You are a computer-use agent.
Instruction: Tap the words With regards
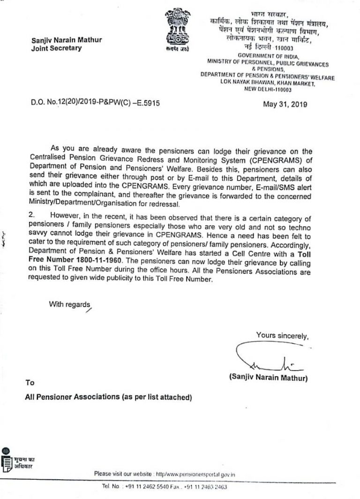[69, 304]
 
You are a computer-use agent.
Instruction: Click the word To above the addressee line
[30, 383]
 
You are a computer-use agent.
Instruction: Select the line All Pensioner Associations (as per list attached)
[109, 397]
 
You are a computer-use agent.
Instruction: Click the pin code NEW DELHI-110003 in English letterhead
[268, 90]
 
